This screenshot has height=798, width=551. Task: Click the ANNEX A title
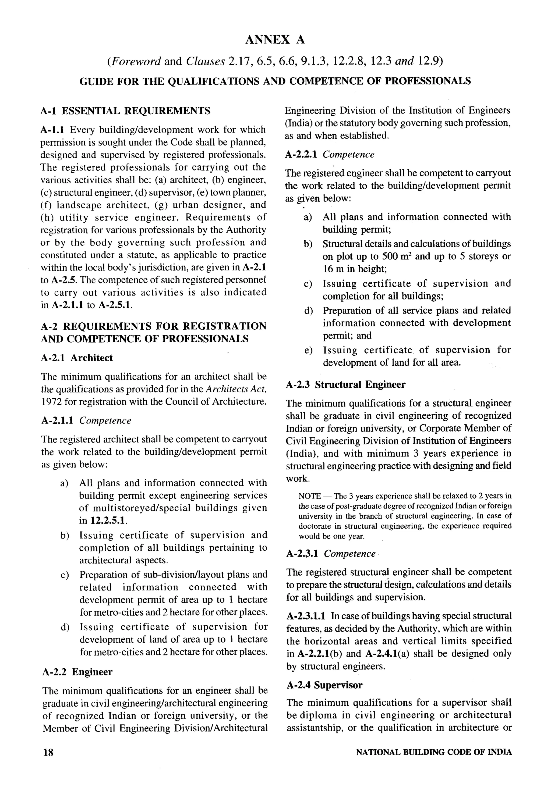point(275,40)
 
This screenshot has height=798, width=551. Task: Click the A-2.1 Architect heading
point(77,358)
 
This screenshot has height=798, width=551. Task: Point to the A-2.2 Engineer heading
point(77,672)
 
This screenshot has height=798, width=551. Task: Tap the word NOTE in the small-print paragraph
point(310,496)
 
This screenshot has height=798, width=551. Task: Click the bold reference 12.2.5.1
point(108,520)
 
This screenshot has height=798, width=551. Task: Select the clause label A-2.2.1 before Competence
point(301,154)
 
